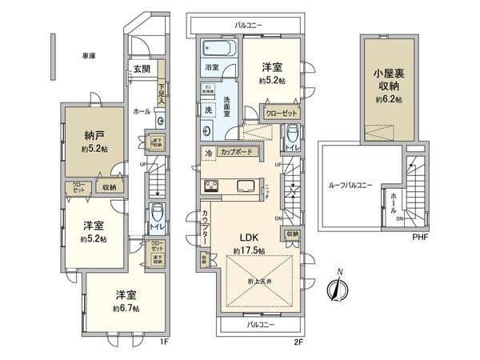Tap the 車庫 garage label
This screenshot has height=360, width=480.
coord(89,55)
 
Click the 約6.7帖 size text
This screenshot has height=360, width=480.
coord(126,308)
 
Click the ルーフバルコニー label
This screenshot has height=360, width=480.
coord(350,186)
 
